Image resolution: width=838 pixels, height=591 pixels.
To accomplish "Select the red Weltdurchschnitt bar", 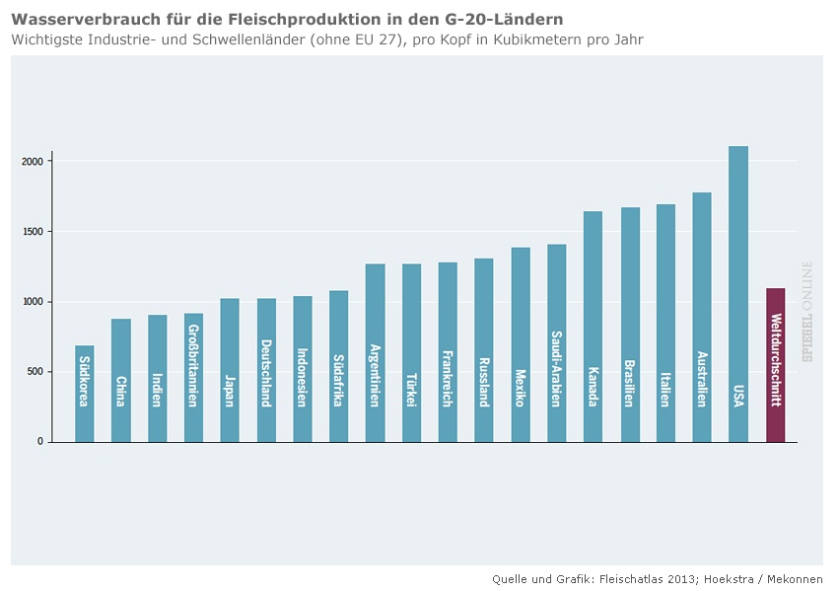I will pyautogui.click(x=776, y=365).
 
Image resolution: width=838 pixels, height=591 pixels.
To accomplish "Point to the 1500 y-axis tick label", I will pyautogui.click(x=35, y=232).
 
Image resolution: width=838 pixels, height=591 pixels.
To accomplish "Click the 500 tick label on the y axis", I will pyautogui.click(x=36, y=372).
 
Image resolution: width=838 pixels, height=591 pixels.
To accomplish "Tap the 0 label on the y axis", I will pyautogui.click(x=40, y=442).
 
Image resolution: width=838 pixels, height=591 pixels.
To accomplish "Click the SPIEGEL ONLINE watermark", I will pyautogui.click(x=807, y=312).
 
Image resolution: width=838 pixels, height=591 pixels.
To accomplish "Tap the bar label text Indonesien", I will pyautogui.click(x=303, y=378).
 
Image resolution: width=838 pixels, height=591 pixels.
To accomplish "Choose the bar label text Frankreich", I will pyautogui.click(x=448, y=378).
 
